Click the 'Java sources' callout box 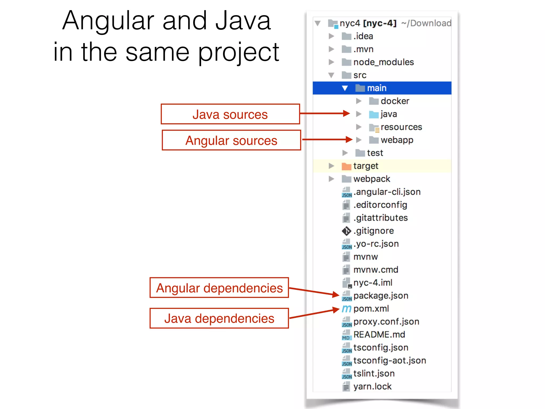point(230,114)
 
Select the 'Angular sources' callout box point(231,140)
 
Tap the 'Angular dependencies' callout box point(219,288)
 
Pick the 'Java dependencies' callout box point(219,318)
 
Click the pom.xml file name point(371,309)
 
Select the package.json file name point(381,296)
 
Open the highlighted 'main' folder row point(382,88)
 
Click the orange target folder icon point(346,166)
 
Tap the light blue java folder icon point(374,114)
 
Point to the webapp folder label point(397,140)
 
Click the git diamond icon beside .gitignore point(346,231)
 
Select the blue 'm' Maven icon point(346,309)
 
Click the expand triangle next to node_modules point(331,62)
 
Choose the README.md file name point(379,334)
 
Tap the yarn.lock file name point(372,386)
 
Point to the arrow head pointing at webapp point(349,139)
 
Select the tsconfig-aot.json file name point(390,361)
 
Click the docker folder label point(395,101)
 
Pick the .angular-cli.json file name point(387,192)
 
